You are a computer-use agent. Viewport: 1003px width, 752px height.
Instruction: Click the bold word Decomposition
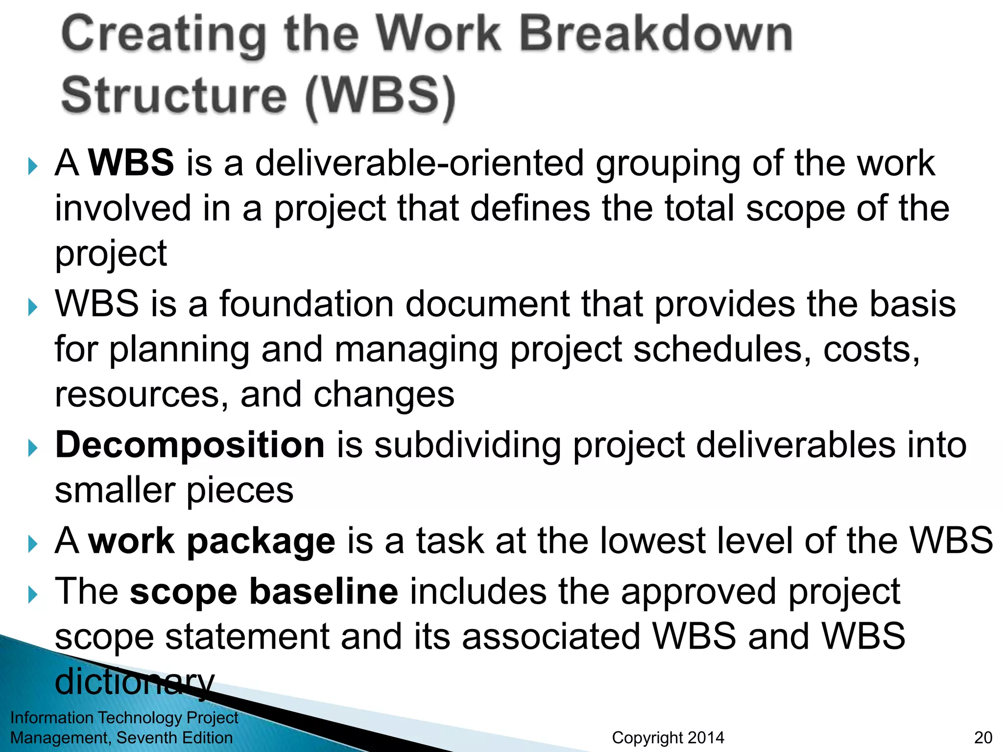[x=190, y=445]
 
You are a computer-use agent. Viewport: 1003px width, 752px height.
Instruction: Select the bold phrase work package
[x=212, y=540]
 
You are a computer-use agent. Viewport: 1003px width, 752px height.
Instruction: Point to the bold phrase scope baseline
[x=264, y=591]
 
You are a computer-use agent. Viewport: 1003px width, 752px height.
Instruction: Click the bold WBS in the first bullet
[x=131, y=163]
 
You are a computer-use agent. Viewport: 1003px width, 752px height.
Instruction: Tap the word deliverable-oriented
[x=419, y=163]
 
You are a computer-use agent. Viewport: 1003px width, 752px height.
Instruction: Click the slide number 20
[x=983, y=737]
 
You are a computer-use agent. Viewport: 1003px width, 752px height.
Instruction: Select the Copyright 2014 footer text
[x=668, y=737]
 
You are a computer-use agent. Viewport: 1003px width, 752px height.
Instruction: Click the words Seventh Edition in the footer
[x=174, y=737]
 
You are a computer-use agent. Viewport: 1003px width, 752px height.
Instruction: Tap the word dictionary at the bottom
[x=135, y=681]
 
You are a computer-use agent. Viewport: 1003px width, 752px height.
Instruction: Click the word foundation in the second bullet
[x=306, y=304]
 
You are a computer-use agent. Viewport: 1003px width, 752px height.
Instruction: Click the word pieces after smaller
[x=240, y=490]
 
